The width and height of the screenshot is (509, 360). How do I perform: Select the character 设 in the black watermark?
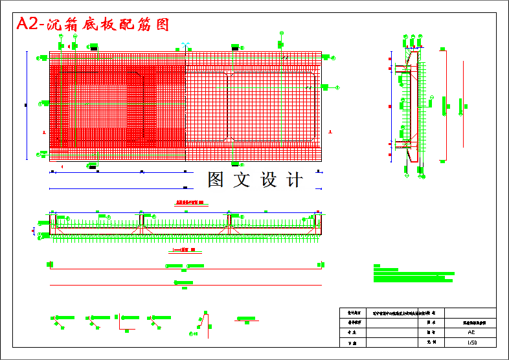coord(269,180)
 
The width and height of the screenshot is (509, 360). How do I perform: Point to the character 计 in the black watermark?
coord(295,180)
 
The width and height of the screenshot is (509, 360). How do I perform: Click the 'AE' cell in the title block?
coord(470,331)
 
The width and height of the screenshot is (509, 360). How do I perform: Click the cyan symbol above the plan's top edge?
coord(185,45)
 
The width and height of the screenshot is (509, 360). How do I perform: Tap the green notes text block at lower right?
coord(413,274)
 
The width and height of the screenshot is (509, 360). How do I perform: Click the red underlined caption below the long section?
coord(183,250)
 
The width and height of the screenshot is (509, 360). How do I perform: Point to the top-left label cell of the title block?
coord(353,312)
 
